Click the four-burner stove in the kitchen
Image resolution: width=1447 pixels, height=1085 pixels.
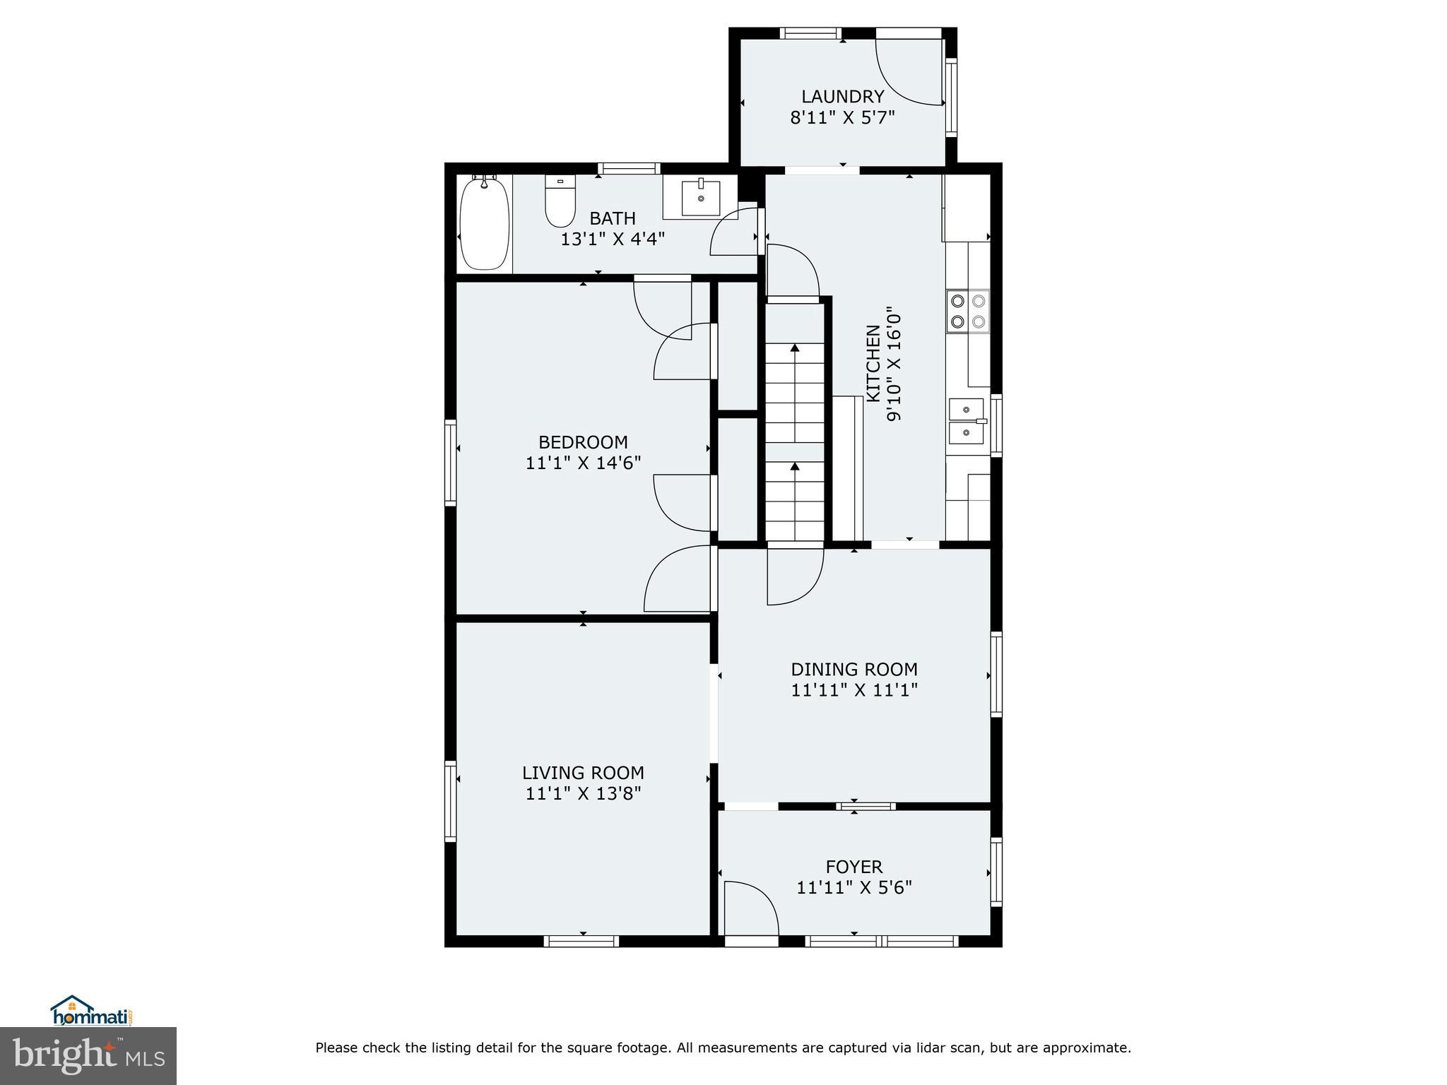[x=968, y=312]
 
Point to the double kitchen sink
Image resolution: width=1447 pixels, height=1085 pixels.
[x=966, y=421]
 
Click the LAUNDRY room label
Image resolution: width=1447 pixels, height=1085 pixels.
[x=842, y=97]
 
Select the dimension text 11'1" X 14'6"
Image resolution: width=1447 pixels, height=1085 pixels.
[x=583, y=463]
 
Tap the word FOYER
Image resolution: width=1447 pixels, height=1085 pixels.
[x=854, y=867]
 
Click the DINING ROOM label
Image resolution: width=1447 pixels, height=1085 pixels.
[x=854, y=669]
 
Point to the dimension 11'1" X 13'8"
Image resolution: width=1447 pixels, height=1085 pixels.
[x=583, y=793]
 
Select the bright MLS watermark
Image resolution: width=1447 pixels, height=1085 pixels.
[x=88, y=1055]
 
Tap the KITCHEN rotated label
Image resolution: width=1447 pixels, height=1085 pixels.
[x=873, y=363]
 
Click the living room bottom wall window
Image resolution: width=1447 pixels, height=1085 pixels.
[x=581, y=941]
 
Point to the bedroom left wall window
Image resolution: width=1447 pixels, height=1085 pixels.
[x=450, y=463]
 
